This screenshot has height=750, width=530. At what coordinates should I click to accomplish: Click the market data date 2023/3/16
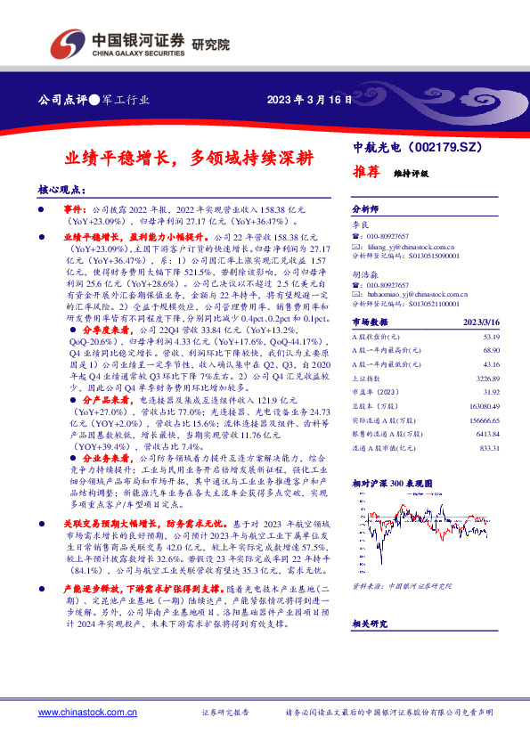tap(482, 323)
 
